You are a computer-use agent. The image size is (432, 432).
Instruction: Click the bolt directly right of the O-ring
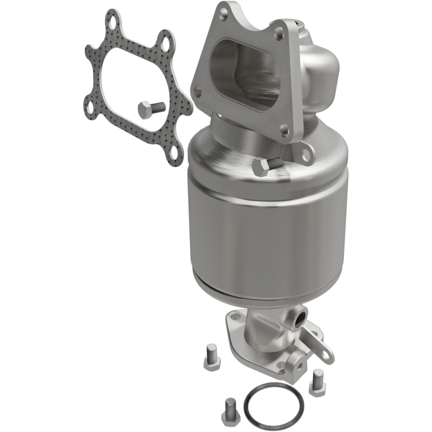[x=317, y=380]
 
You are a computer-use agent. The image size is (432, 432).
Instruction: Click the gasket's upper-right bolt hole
[x=166, y=42]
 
